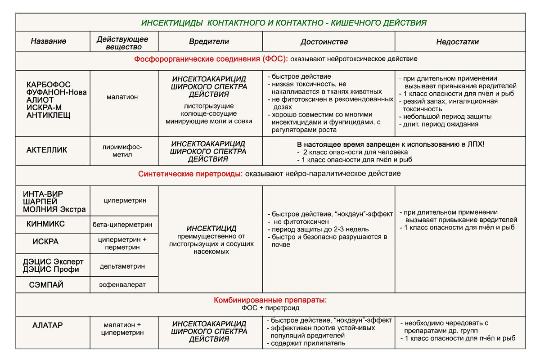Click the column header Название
point(49,41)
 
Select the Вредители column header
point(209,41)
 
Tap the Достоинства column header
point(324,42)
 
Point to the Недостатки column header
point(457,42)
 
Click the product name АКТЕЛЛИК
point(47,150)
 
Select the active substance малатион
point(122,96)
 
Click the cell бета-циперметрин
point(122,224)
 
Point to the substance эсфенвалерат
point(122,285)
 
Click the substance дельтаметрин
point(122,266)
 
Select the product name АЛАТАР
point(47,325)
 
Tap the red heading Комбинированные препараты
point(270,300)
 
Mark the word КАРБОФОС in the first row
point(49,85)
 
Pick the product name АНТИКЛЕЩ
point(49,115)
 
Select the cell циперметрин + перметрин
point(122,243)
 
